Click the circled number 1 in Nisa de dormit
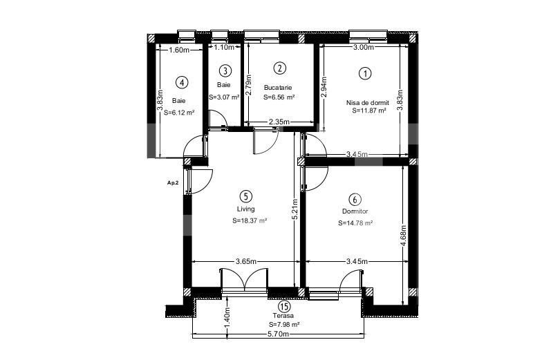tap(365, 73)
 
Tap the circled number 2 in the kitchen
tap(279, 68)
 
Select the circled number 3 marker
tap(225, 70)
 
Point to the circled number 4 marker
tap(182, 82)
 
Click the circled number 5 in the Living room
tap(246, 196)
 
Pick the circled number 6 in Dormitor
tap(355, 199)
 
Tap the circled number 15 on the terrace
tap(283, 306)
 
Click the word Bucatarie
tap(278, 88)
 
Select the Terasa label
tap(283, 315)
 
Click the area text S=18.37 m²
tap(250, 220)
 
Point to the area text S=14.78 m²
tap(355, 223)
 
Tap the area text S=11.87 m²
tap(369, 111)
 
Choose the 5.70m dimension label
tap(278, 334)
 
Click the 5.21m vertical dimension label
tap(295, 209)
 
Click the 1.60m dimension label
tap(179, 50)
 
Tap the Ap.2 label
tap(173, 183)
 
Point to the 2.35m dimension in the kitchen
tap(279, 122)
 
